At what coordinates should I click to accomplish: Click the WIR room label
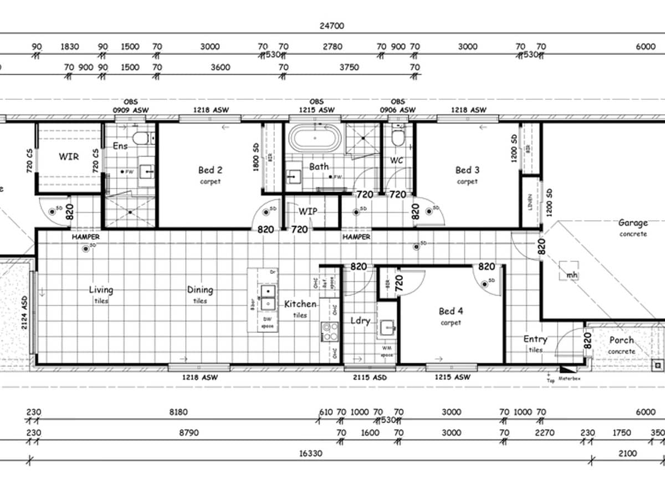coord(69,156)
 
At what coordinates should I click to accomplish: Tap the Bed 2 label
coord(210,170)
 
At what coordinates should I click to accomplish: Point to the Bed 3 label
coord(467,170)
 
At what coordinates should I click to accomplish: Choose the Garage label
coord(633,223)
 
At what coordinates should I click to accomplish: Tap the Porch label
coord(621,340)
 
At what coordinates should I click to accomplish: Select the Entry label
coord(535,339)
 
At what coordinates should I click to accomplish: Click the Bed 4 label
coord(450,311)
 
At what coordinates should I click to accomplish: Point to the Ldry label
coord(360,320)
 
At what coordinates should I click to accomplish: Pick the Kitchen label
coord(300,304)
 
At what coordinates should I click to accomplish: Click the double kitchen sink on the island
coord(269,297)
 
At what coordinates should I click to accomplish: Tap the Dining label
coord(199,289)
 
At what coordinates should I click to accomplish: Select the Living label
coord(101,289)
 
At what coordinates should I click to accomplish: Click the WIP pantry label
coord(308,211)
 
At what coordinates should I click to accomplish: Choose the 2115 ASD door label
coord(370,377)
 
